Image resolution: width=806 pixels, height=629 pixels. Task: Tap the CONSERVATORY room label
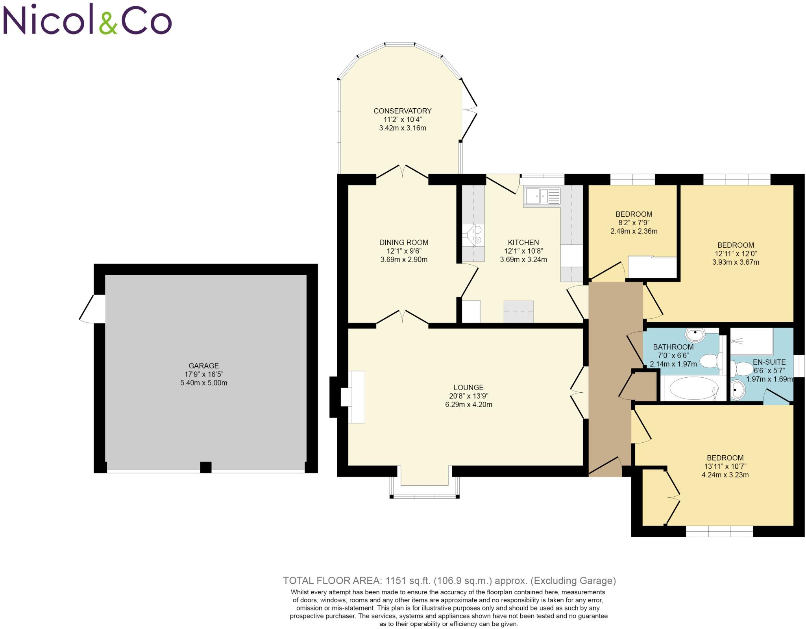(402, 111)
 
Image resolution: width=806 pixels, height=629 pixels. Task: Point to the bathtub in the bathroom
(693, 388)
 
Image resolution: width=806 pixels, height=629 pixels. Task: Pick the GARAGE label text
(203, 366)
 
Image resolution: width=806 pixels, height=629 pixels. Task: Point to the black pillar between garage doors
(205, 467)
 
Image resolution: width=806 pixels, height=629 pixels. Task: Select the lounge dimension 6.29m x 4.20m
(468, 404)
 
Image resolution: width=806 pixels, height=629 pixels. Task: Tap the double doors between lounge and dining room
(402, 320)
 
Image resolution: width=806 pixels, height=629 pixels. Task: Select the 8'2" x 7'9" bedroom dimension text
(634, 223)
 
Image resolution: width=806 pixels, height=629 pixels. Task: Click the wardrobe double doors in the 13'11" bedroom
(672, 497)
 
